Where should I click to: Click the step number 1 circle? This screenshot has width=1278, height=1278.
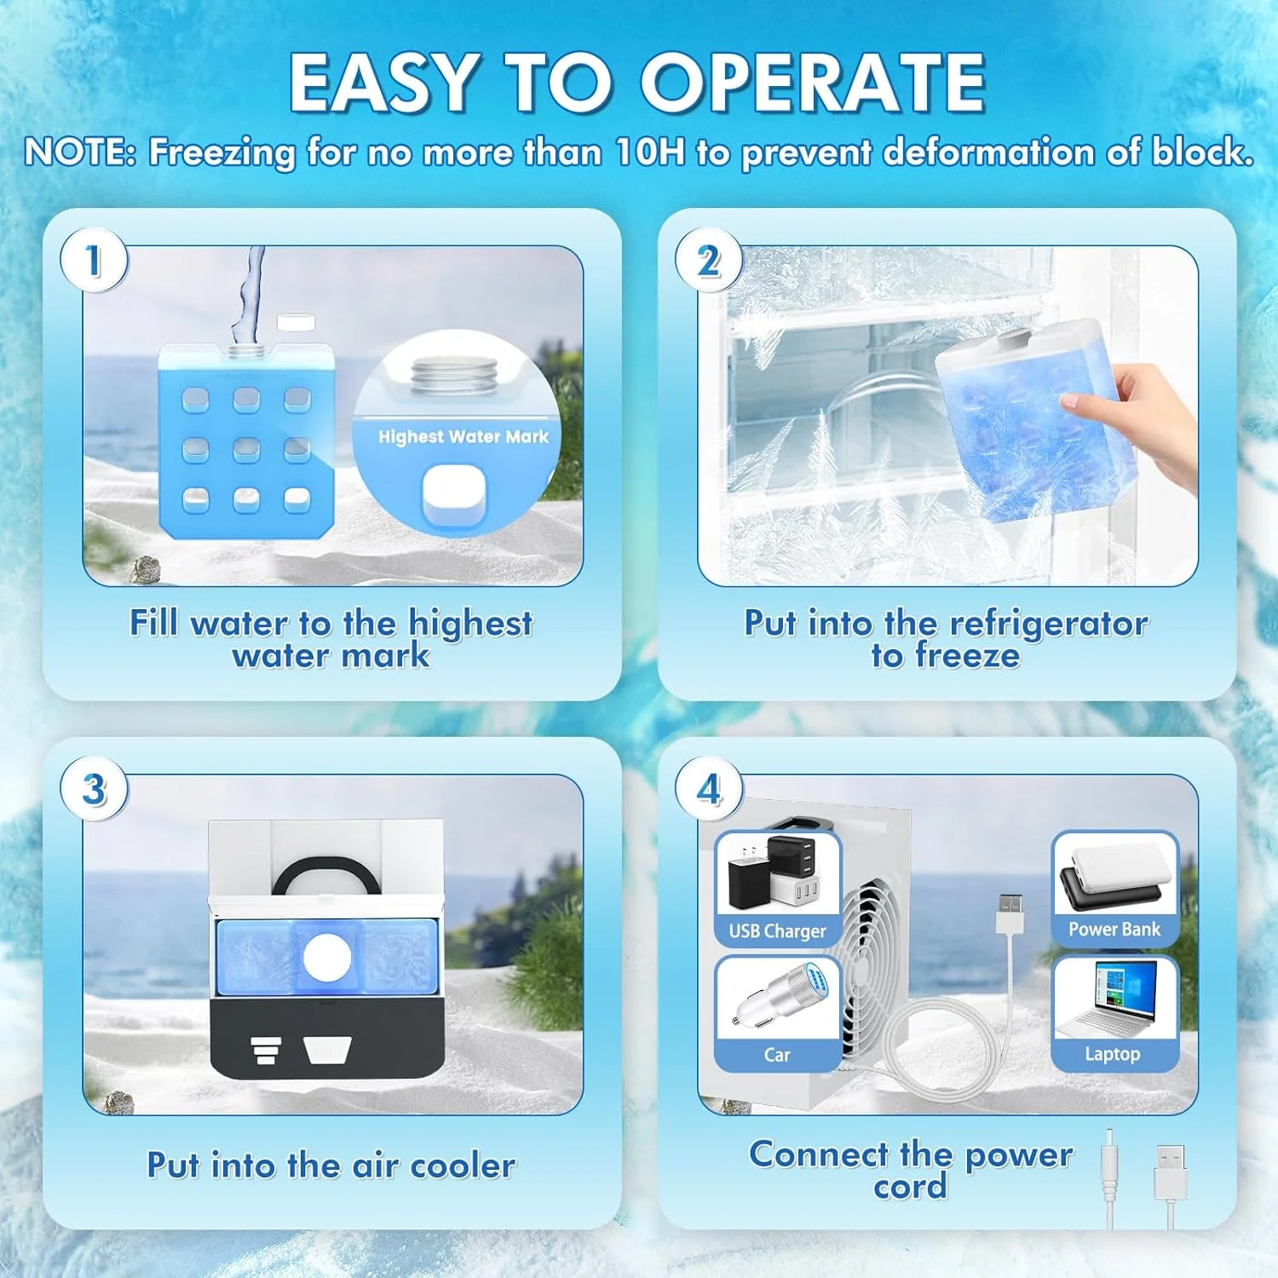[x=94, y=261]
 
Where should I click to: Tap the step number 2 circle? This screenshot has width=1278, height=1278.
[x=709, y=261]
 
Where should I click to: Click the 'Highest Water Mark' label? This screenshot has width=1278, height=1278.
[x=463, y=437]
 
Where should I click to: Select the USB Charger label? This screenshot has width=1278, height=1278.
[x=777, y=931]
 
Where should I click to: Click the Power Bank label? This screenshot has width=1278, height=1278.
[x=1114, y=930]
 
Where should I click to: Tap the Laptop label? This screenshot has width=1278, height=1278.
[x=1112, y=1054]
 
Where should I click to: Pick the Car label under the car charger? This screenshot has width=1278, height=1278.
[x=777, y=1055]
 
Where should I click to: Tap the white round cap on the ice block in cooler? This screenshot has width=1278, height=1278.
[x=327, y=957]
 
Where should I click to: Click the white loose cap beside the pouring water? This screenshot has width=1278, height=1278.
[x=296, y=322]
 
